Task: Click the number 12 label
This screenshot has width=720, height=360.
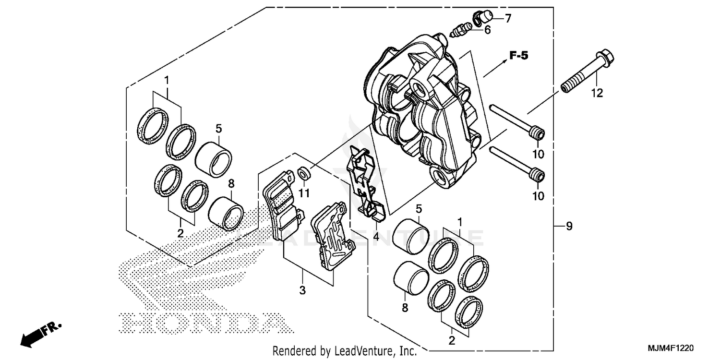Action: coord(597,94)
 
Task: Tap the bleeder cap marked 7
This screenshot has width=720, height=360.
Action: coord(484,18)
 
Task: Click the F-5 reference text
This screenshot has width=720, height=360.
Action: coord(518,56)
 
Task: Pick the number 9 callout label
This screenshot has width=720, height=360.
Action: coord(569,226)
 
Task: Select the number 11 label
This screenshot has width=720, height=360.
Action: coord(305,193)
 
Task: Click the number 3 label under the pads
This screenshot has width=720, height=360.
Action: coord(302,290)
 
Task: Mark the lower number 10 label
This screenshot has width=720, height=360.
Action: coord(539,196)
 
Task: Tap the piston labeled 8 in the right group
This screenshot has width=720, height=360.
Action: coord(411,278)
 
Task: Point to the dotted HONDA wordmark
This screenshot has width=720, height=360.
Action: coord(202,323)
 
